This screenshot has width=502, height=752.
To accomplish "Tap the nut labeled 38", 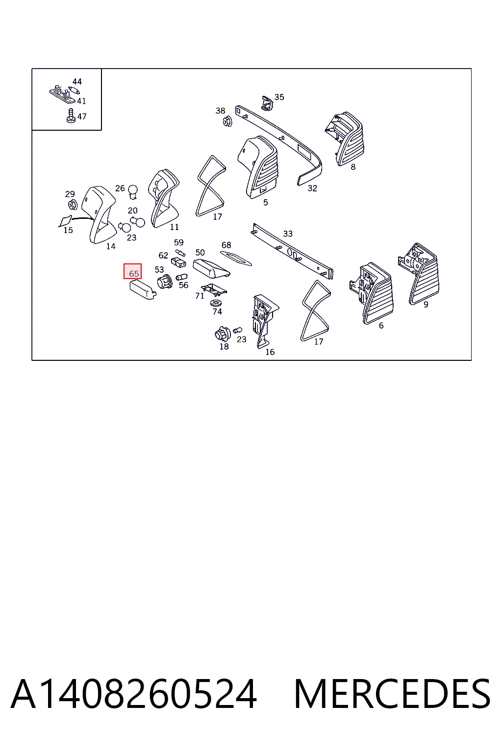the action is (227, 121).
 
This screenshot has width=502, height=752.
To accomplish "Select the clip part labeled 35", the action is (268, 103).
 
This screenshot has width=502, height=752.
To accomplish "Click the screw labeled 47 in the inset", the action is (71, 116).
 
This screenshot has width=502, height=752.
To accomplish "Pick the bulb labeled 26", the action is (133, 191).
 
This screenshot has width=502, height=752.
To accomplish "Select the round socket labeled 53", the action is (165, 282).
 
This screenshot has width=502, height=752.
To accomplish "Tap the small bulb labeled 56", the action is (181, 278).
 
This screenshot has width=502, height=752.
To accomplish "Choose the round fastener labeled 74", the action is (216, 303).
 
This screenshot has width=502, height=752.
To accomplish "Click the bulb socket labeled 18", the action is (223, 333).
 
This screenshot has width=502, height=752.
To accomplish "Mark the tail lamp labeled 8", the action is (344, 139).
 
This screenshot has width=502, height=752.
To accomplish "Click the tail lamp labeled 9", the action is (419, 274).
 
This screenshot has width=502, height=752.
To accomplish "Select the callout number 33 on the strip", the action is (288, 234).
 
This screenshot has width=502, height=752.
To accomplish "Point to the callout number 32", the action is (312, 188).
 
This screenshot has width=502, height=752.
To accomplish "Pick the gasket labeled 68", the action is (236, 258).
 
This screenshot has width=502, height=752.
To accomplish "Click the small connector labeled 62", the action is (178, 262).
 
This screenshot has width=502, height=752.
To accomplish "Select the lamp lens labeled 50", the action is (211, 269).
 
